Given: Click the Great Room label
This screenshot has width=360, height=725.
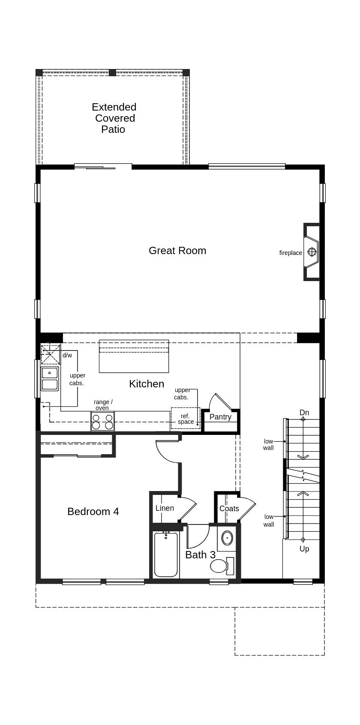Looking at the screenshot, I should pyautogui.click(x=177, y=251).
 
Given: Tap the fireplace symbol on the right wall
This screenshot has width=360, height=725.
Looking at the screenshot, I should pyautogui.click(x=312, y=252).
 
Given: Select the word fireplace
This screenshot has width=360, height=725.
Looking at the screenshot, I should pyautogui.click(x=291, y=253).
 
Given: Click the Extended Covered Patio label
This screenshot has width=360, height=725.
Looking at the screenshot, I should pyautogui.click(x=114, y=118).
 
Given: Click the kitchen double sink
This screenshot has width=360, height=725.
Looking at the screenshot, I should pyautogui.click(x=50, y=378).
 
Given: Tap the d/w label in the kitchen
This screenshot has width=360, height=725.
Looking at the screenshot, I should pyautogui.click(x=67, y=355).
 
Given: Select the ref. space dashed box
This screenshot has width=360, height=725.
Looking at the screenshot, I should pyautogui.click(x=186, y=419).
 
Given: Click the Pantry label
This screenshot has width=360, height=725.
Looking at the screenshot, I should pyautogui.click(x=220, y=417).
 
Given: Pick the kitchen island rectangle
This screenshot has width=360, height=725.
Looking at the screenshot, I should pyautogui.click(x=134, y=357).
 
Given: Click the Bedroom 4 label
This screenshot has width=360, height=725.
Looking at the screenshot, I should pyautogui.click(x=93, y=511).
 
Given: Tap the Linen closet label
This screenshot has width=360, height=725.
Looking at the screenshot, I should pyautogui.click(x=165, y=508).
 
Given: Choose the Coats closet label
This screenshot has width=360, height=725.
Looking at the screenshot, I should pyautogui.click(x=229, y=509).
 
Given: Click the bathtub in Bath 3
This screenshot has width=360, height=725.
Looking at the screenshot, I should pyautogui.click(x=165, y=555).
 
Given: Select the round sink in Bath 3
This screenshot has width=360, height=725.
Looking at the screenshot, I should pyautogui.click(x=227, y=537).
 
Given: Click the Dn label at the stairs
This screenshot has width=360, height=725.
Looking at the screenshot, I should pyautogui.click(x=304, y=413).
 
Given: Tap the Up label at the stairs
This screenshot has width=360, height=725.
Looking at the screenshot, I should pyautogui.click(x=304, y=549).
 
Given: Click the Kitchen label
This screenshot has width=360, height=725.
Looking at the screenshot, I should pyautogui.click(x=147, y=384).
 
